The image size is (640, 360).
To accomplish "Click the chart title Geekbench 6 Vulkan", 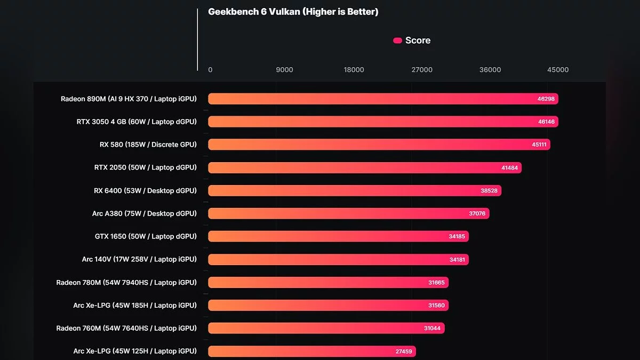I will pyautogui.click(x=293, y=12).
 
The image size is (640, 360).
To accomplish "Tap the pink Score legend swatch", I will pyautogui.click(x=397, y=41).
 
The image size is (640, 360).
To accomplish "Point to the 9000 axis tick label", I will pyautogui.click(x=284, y=70).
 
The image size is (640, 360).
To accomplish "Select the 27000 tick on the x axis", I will pyautogui.click(x=421, y=70).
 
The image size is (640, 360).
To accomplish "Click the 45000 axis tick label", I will pyautogui.click(x=558, y=70).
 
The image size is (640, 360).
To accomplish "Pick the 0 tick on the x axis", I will pyautogui.click(x=210, y=70).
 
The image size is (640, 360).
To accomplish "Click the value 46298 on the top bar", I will pyautogui.click(x=546, y=99).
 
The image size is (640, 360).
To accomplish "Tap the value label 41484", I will pyautogui.click(x=509, y=167).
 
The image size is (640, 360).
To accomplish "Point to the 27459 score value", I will pyautogui.click(x=404, y=351).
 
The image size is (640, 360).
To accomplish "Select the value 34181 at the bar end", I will pyautogui.click(x=458, y=260).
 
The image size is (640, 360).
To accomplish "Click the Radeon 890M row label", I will pyautogui.click(x=129, y=99).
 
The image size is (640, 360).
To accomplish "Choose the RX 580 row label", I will pyautogui.click(x=148, y=145).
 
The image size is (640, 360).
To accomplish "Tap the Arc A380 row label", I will pyautogui.click(x=144, y=213).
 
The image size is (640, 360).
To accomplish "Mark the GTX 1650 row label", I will pyautogui.click(x=146, y=236).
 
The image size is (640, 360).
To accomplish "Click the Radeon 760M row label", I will pyautogui.click(x=126, y=328).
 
